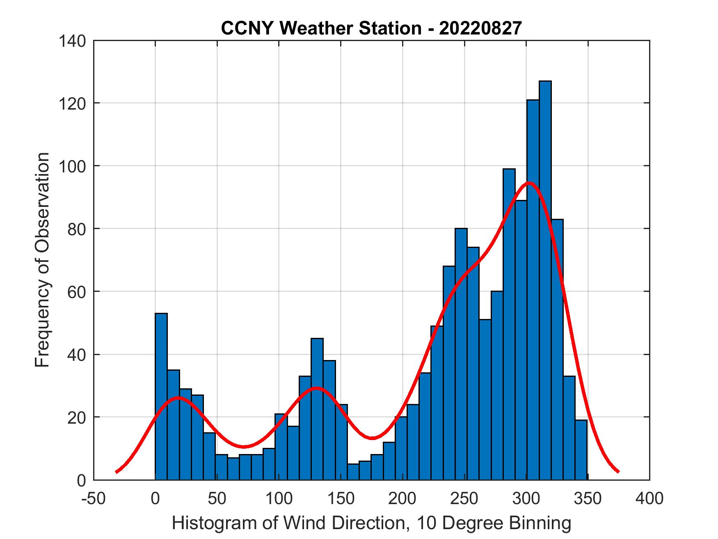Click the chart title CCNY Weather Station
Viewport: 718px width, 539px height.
point(321,28)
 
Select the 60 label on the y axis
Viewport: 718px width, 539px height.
point(77,292)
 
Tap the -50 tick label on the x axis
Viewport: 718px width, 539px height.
point(94,499)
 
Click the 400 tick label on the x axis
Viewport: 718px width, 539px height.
point(649,499)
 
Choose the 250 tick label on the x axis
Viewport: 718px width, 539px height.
point(464,499)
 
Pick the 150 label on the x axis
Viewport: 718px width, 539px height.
point(341,499)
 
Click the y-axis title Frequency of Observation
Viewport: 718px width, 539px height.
point(42,260)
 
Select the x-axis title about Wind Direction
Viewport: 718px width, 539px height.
point(371,523)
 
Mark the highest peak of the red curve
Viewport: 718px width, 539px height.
point(529,183)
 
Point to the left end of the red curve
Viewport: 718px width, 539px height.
point(117,472)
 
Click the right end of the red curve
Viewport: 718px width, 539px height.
point(618,472)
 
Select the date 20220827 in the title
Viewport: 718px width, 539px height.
point(480,28)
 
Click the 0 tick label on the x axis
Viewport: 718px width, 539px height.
point(155,499)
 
